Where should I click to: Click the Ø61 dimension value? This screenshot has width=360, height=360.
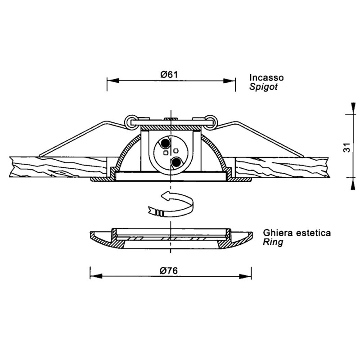(169, 75)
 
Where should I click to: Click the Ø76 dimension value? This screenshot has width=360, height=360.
(169, 271)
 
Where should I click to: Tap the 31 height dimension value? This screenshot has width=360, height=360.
(347, 148)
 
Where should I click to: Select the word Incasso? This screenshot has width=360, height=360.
(266, 77)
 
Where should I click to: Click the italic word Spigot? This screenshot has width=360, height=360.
(264, 87)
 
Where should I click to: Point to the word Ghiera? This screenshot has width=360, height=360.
(278, 233)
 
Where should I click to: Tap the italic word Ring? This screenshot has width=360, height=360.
(273, 243)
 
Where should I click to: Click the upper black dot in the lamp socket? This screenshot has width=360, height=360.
(165, 144)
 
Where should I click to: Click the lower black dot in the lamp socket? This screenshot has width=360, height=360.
(176, 163)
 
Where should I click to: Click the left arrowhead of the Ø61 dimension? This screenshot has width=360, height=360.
(113, 81)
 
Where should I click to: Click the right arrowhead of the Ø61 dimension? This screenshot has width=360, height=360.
(229, 81)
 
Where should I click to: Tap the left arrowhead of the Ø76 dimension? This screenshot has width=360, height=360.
(96, 276)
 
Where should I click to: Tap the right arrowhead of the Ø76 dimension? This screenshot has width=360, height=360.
(245, 276)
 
